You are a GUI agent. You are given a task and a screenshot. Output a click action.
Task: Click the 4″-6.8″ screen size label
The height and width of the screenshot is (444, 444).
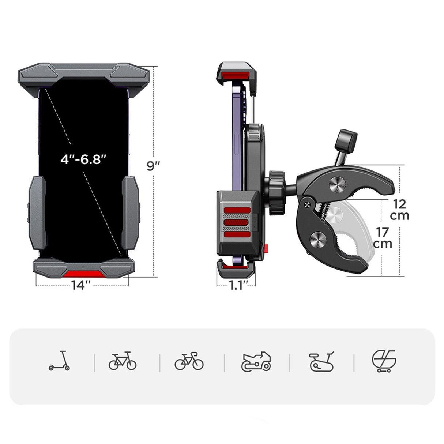(83, 159)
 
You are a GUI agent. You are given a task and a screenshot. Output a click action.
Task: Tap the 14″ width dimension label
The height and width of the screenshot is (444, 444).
(81, 285)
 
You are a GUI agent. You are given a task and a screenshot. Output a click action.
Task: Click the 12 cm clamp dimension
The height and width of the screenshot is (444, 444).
(399, 210)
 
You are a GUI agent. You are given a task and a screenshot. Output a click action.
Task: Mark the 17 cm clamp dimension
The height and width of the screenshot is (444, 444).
(383, 238)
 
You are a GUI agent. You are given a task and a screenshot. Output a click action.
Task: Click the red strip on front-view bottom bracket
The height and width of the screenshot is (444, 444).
(83, 274)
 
